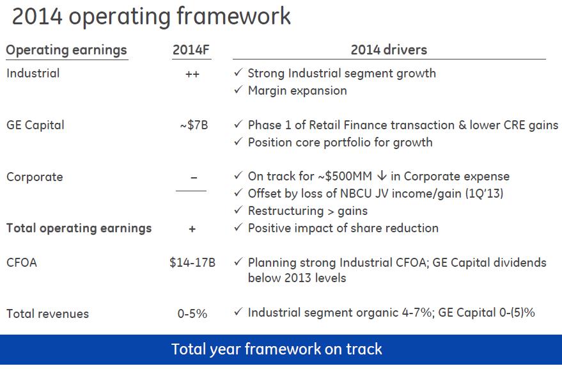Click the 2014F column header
[x=191, y=49]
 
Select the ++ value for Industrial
[x=192, y=74]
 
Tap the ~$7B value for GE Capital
[x=194, y=125]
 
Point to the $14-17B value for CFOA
[x=192, y=262]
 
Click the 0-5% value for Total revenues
[x=192, y=314]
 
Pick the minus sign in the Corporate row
[x=194, y=177]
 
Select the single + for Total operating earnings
[x=192, y=229]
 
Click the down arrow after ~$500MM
[x=382, y=175]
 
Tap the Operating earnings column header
[x=66, y=50]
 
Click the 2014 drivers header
[x=389, y=49]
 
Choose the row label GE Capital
[x=35, y=125]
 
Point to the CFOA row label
[x=22, y=262]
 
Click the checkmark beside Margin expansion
[x=238, y=90]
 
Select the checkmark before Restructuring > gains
[x=238, y=209]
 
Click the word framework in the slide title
[x=234, y=16]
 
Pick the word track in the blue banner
[x=364, y=349]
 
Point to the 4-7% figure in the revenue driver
[x=417, y=313]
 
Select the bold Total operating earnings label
[x=79, y=228]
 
